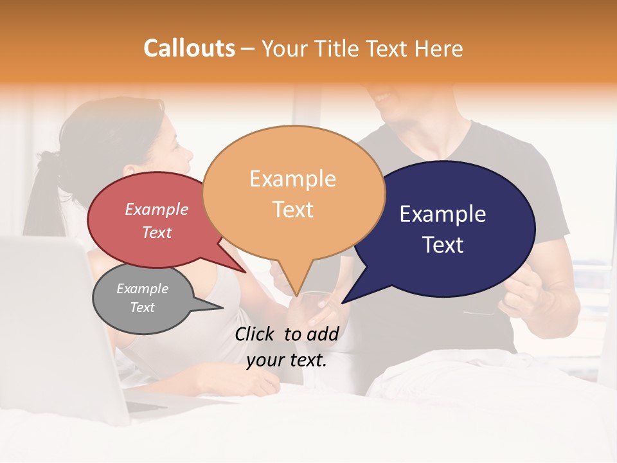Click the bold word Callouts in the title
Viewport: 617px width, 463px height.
189,48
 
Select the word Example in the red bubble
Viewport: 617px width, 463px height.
157,209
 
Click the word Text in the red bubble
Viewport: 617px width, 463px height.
157,232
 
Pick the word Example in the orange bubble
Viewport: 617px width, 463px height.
292,179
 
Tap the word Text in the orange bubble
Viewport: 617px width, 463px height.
292,210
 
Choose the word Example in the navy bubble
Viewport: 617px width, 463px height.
443,214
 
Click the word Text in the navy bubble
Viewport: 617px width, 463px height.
443,245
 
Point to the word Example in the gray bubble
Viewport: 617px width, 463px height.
142,289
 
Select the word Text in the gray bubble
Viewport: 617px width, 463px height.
142,307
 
